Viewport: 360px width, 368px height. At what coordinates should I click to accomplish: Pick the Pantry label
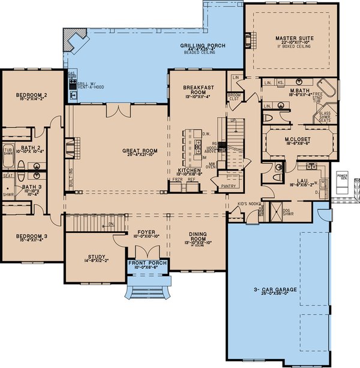(229, 187)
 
